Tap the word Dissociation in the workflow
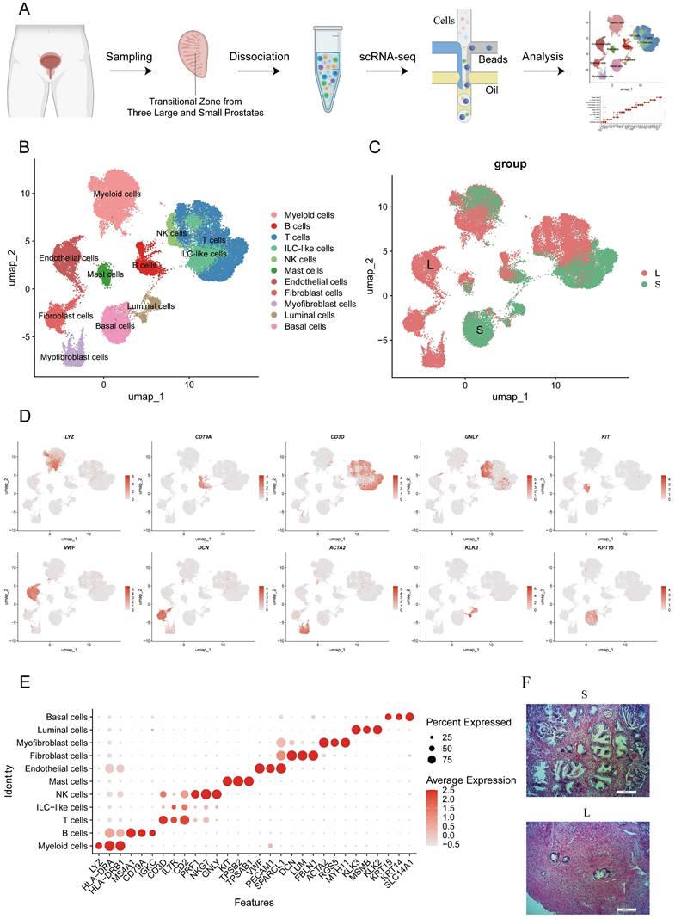coord(258,57)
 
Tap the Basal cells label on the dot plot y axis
coord(65,717)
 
